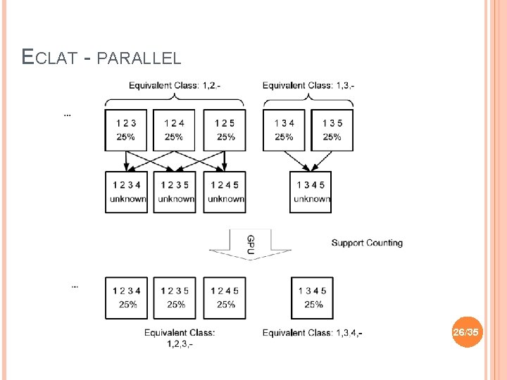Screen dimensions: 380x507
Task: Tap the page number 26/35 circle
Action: click(x=466, y=331)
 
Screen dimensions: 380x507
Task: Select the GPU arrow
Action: click(x=250, y=244)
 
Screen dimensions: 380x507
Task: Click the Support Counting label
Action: click(x=367, y=243)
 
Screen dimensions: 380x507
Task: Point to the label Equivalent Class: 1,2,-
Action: click(x=175, y=86)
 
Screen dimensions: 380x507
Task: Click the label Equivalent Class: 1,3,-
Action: click(x=308, y=86)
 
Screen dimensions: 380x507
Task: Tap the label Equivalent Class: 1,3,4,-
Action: click(x=313, y=333)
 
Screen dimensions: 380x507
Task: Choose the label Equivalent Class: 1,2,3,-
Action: click(x=180, y=338)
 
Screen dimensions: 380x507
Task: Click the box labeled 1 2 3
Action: click(x=126, y=129)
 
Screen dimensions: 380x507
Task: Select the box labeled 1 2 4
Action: click(x=175, y=129)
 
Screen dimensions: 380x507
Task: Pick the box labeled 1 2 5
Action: click(x=225, y=129)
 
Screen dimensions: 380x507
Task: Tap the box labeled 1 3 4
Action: click(x=284, y=129)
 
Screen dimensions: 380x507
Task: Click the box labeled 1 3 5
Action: click(x=332, y=129)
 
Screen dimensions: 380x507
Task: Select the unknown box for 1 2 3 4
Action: click(x=126, y=191)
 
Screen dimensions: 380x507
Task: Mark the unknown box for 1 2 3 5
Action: click(x=175, y=191)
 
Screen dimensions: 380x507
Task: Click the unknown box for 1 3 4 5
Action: click(x=311, y=191)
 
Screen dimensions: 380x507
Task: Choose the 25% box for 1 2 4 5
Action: click(x=225, y=297)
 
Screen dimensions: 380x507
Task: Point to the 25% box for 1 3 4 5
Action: click(x=312, y=297)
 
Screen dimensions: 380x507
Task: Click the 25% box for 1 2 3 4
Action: click(x=127, y=297)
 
